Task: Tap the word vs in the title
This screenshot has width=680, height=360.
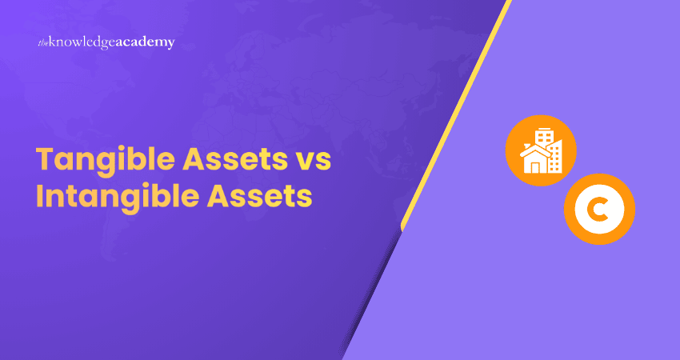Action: (310, 161)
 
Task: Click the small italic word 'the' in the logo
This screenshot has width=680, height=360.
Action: (43, 43)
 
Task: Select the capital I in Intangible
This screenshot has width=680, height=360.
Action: (40, 196)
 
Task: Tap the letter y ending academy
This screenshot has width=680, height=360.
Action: (170, 45)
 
